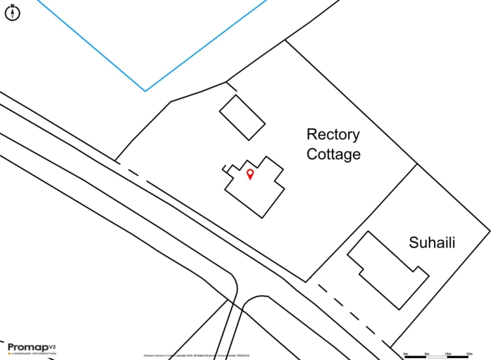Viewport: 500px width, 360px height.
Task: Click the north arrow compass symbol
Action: click(x=12, y=12)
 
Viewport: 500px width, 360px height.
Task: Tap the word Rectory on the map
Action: click(x=333, y=135)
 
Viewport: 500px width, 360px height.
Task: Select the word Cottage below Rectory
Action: click(x=333, y=154)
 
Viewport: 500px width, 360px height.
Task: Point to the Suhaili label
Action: click(x=432, y=243)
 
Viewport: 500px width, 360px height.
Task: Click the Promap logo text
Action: click(x=27, y=347)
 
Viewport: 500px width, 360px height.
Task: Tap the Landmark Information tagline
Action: click(x=33, y=353)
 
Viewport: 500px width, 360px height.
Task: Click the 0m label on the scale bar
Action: click(x=406, y=353)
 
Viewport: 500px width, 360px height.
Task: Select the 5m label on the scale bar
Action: click(x=427, y=353)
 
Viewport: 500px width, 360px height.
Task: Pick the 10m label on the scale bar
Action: click(x=448, y=353)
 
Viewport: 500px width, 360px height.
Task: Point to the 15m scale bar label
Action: click(x=469, y=353)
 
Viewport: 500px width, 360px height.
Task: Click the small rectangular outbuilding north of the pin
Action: click(x=241, y=117)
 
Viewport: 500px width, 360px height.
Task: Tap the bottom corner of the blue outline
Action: click(x=145, y=90)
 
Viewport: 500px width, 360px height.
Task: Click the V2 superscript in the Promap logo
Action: click(x=52, y=345)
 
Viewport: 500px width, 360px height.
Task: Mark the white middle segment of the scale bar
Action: click(x=437, y=357)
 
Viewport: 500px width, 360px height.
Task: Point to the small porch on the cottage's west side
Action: click(x=227, y=169)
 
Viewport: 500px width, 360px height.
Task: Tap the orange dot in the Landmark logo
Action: click(x=9, y=353)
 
